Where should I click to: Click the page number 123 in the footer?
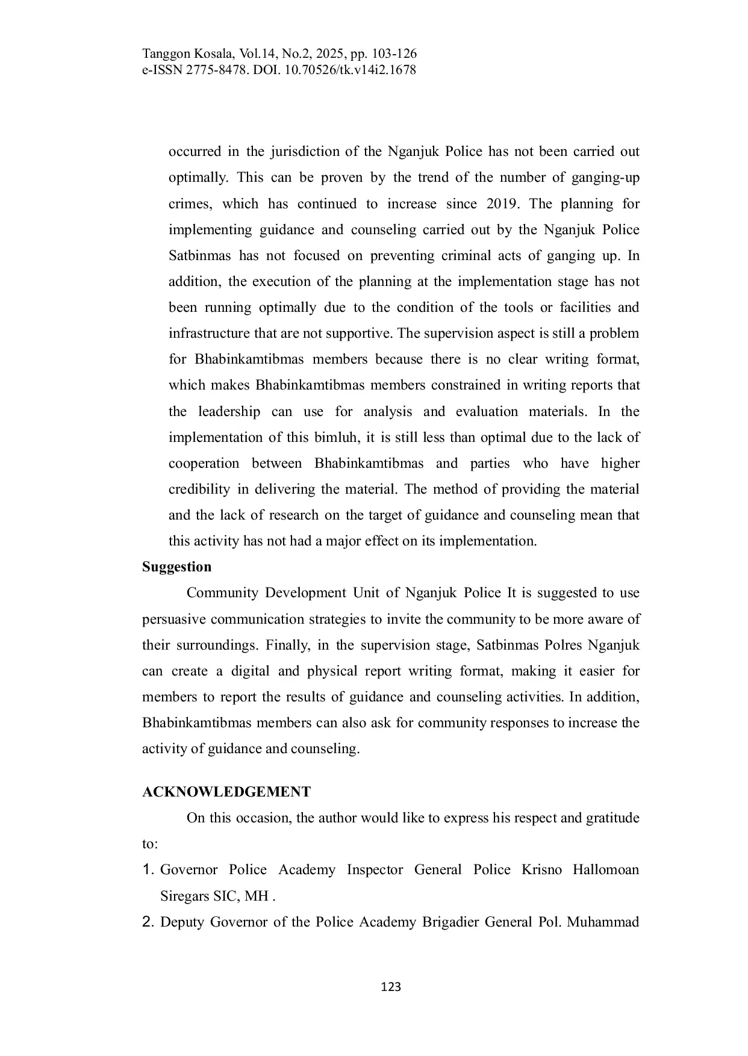(391, 987)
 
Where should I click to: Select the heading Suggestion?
(176, 567)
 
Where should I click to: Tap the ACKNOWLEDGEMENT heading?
(226, 792)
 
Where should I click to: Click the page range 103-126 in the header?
(395, 54)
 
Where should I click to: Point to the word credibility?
(199, 489)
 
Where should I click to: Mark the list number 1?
(148, 870)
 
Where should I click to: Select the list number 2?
(148, 922)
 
